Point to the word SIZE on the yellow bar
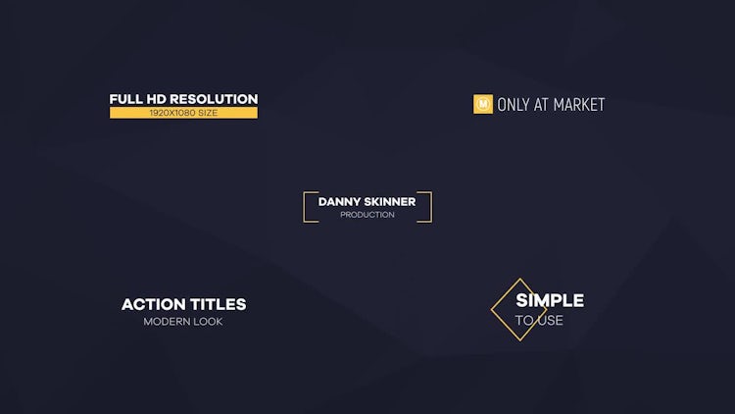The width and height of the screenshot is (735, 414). tap(208, 113)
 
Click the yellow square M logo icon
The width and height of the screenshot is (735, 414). tap(483, 104)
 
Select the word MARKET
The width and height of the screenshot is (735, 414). tap(579, 105)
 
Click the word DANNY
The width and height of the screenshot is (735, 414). tap(340, 202)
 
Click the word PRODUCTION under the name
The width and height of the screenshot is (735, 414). tap(367, 215)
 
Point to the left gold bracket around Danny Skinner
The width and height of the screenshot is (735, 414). tap(304, 207)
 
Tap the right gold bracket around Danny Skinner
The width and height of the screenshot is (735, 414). tap(431, 207)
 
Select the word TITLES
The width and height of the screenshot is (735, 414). tap(218, 305)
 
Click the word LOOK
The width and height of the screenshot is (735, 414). tap(209, 322)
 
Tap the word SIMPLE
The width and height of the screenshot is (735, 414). tap(550, 300)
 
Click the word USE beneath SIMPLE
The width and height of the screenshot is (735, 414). tap(551, 320)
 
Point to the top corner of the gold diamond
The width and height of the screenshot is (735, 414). tap(519, 279)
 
